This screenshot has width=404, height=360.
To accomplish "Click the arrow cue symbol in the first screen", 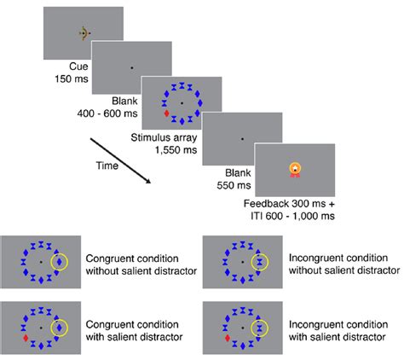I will click(83, 33).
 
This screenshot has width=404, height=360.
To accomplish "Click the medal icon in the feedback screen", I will click(295, 170).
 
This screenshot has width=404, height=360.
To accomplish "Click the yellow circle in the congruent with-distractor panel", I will click(61, 327).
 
